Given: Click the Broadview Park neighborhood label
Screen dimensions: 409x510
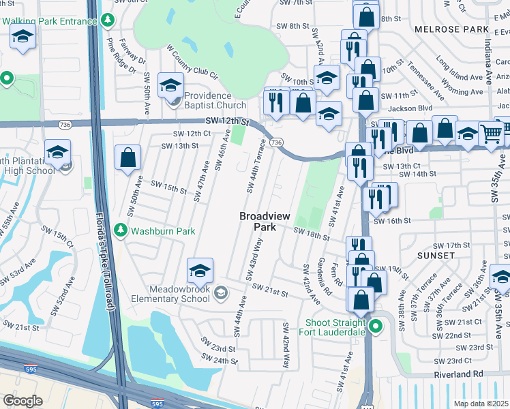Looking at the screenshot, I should pos(265,221).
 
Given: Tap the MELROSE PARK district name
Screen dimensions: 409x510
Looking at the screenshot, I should pos(452,29).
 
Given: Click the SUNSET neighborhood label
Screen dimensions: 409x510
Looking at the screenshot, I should pos(435,255).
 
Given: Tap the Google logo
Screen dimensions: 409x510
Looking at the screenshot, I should pos(22,401).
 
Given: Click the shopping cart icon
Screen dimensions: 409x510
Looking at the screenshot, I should pos(490,134).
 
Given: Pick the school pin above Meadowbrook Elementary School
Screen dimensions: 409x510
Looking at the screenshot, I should pos(200,271).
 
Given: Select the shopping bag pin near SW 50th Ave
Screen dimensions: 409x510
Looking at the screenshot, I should pos(127,158).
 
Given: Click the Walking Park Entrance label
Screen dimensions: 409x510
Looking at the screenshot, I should pos(48,21).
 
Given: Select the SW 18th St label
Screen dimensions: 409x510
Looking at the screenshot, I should pos(312,234).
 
